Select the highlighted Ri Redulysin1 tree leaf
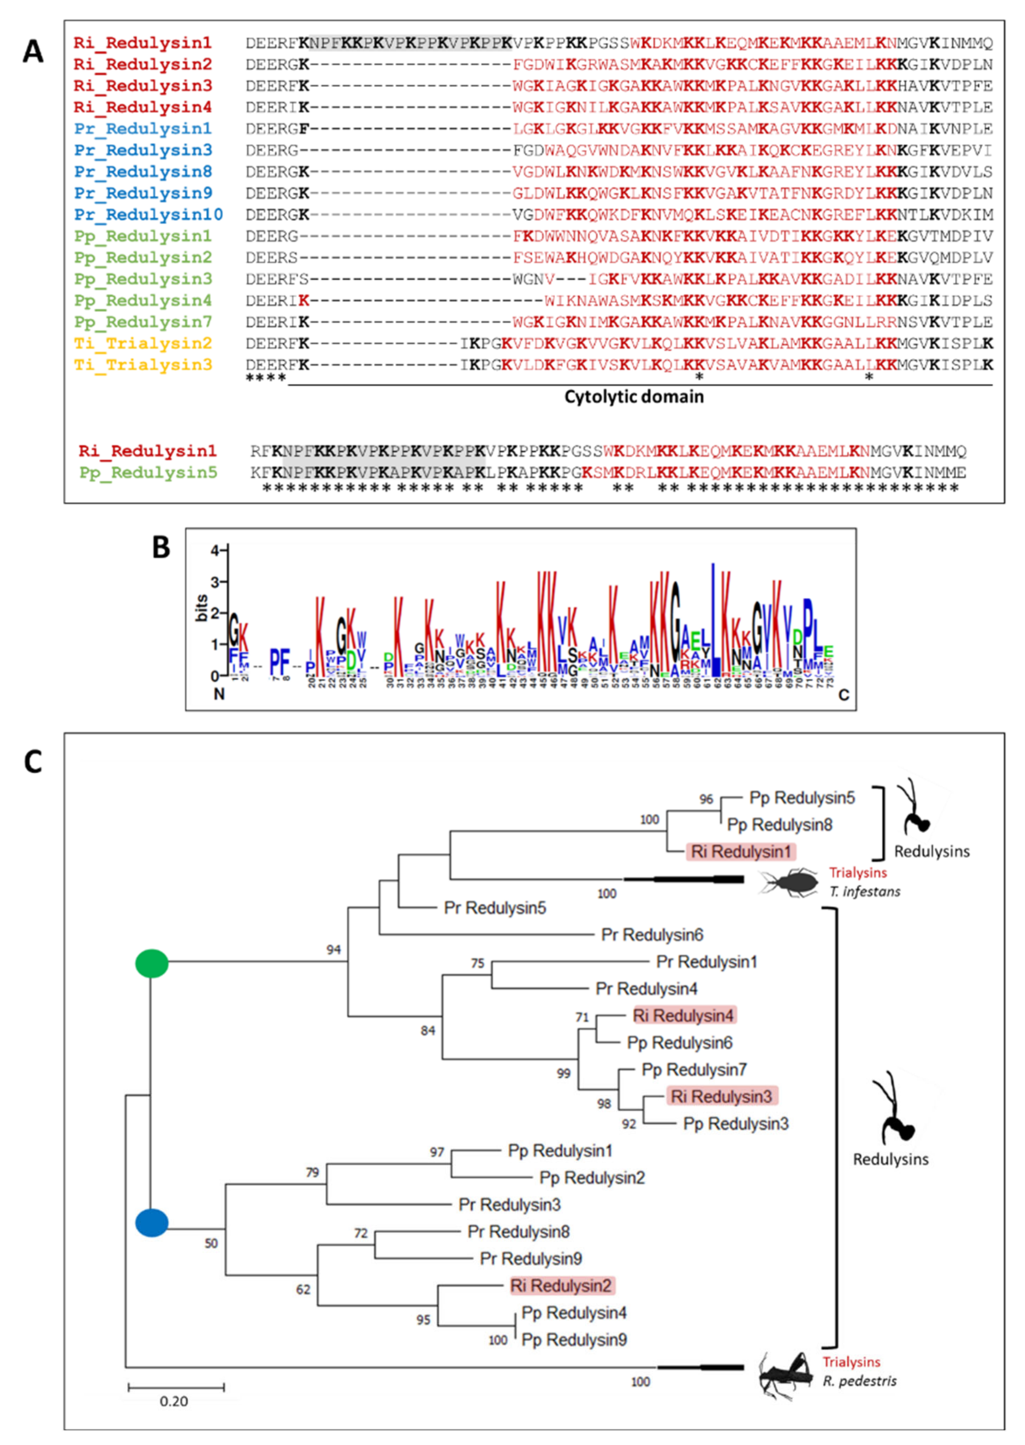click(x=741, y=852)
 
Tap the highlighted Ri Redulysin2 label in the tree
click(x=561, y=1285)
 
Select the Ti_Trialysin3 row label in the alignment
click(x=143, y=365)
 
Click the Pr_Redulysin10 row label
click(x=148, y=215)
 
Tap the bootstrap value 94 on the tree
click(x=333, y=949)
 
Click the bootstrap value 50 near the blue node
click(x=211, y=1243)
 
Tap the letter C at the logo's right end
click(x=843, y=695)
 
